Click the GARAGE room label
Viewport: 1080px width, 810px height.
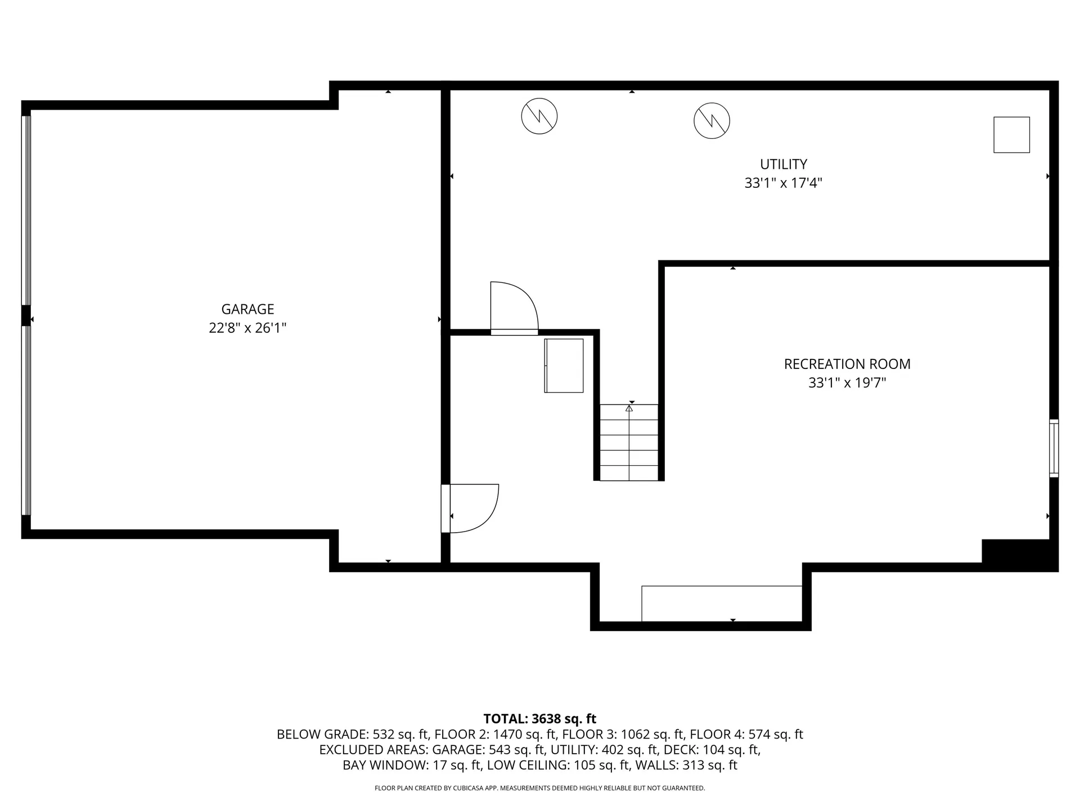coord(247,309)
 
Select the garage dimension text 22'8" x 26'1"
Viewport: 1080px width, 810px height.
coord(247,328)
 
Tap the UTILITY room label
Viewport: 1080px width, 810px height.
coord(784,164)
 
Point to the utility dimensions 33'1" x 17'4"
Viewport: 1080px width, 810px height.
coord(784,183)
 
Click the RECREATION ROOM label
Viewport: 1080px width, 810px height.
coord(847,364)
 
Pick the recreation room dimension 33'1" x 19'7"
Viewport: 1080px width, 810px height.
coord(847,383)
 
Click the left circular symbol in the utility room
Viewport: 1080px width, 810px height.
coord(539,116)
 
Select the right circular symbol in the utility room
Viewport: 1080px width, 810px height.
coord(712,120)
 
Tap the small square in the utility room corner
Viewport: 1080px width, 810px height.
coord(1011,134)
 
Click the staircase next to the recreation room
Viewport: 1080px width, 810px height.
coord(629,443)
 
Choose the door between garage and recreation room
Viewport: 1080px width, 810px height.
coord(470,508)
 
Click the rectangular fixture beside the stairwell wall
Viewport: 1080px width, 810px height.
coord(564,366)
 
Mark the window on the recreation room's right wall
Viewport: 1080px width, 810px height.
coord(1054,448)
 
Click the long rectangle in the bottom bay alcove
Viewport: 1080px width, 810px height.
coord(722,604)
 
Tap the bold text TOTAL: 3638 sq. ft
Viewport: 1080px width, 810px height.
coord(539,718)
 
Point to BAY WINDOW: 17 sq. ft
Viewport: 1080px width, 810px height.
coord(412,765)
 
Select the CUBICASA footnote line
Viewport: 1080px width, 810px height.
coord(539,788)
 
